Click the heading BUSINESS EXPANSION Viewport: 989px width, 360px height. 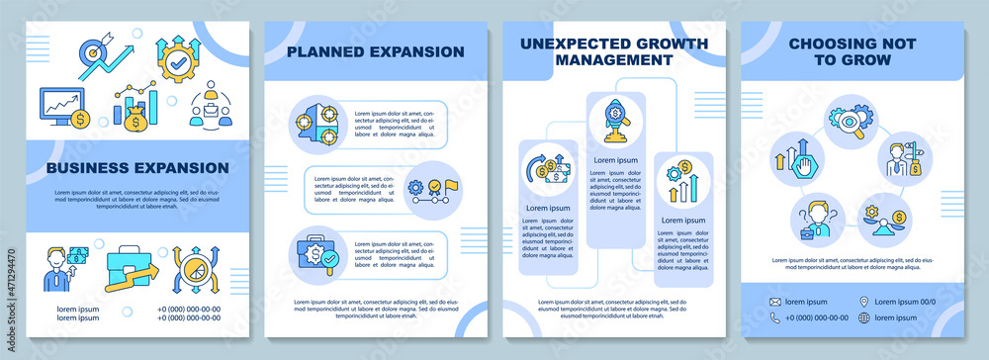coord(137,167)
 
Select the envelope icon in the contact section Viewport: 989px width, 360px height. coord(776,300)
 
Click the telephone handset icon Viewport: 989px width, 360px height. coord(776,317)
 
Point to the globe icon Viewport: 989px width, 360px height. coord(864,317)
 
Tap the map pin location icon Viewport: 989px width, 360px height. coord(864,300)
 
